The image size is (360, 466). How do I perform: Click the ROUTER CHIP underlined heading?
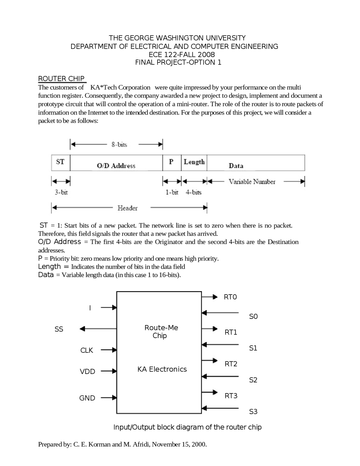tap(61, 79)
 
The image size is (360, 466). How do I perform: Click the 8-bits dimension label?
tap(119, 145)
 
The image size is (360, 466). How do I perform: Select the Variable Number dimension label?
tap(252, 182)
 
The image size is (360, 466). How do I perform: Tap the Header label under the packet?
tap(127, 208)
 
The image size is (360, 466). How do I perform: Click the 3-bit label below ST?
tap(61, 192)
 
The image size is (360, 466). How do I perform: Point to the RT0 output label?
tap(230, 297)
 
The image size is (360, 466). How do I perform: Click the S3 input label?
tap(253, 412)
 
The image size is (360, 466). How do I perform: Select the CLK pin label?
tap(87, 350)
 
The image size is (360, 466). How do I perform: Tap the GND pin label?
tap(87, 398)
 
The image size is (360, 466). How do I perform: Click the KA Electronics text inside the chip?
tap(162, 369)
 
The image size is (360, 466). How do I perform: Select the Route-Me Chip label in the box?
tap(161, 331)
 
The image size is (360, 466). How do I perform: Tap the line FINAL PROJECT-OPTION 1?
tap(178, 62)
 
